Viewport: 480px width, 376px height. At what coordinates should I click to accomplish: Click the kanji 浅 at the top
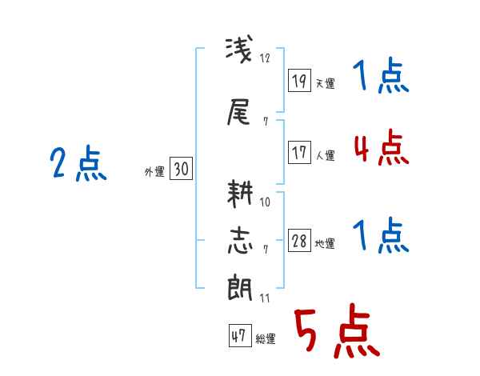(x=239, y=50)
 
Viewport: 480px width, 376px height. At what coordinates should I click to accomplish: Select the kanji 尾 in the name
(x=238, y=112)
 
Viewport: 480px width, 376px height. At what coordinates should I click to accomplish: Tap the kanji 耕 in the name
(x=240, y=194)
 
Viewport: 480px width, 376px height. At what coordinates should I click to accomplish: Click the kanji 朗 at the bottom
(x=240, y=287)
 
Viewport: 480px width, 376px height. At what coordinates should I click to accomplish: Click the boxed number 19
(x=299, y=80)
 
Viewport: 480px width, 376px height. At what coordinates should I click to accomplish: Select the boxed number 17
(x=299, y=152)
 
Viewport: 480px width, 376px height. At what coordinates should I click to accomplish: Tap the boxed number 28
(x=299, y=240)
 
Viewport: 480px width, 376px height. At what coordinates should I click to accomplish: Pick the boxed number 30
(x=181, y=168)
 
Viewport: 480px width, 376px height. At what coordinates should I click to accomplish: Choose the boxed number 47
(x=240, y=335)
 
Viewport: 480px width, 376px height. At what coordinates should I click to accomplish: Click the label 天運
(x=325, y=83)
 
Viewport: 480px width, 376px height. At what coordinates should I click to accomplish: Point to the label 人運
(x=325, y=155)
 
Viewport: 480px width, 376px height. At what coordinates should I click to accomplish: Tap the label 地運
(x=325, y=244)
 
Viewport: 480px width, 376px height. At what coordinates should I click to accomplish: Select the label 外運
(x=154, y=172)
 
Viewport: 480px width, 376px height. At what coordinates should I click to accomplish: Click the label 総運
(x=266, y=339)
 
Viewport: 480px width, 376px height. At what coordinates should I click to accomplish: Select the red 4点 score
(x=382, y=147)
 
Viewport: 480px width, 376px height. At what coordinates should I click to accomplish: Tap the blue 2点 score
(x=78, y=162)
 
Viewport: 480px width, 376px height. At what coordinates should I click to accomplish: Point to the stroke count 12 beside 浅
(x=265, y=58)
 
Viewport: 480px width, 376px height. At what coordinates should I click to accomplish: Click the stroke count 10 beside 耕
(x=265, y=202)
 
